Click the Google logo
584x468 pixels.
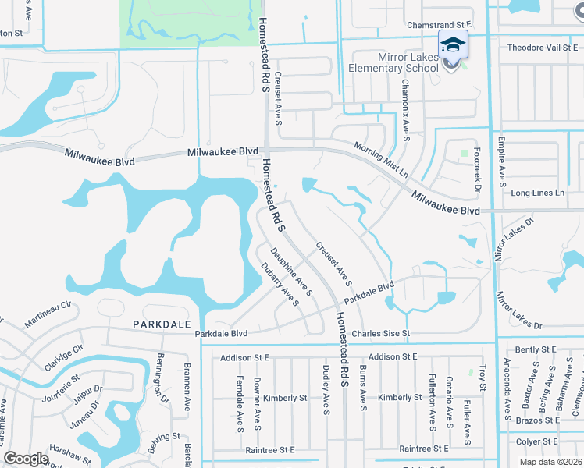click(26, 459)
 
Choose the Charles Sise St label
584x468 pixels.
click(380, 334)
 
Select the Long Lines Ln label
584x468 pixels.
click(536, 193)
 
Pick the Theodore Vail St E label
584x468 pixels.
click(541, 48)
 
